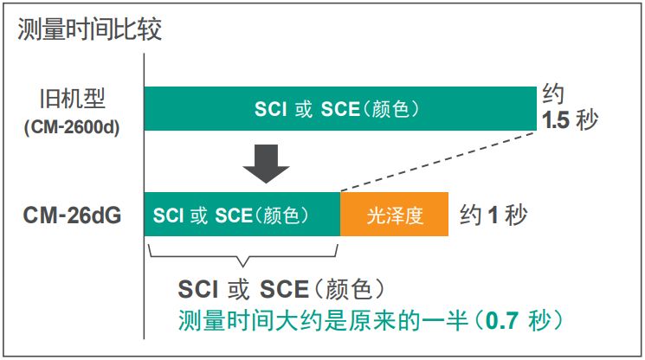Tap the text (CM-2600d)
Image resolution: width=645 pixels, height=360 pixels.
pos(72,126)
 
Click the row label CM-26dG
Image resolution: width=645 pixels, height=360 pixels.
pos(72,215)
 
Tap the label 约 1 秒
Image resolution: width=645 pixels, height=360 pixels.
pos(493,215)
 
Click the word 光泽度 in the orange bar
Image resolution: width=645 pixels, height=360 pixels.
pos(394,215)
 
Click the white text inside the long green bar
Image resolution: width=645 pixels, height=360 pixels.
pos(337,109)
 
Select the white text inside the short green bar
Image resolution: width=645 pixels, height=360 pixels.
pos(230,215)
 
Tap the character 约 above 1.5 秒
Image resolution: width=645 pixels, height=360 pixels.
pos(553,93)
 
